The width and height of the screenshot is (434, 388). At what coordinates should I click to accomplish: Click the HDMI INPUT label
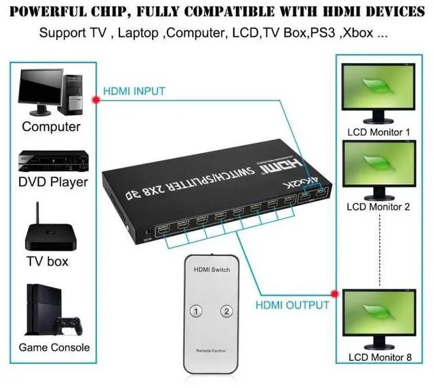(134, 91)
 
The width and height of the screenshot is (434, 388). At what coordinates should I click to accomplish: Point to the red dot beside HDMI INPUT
(96, 99)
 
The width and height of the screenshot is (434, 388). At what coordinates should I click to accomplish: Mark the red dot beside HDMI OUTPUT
(334, 294)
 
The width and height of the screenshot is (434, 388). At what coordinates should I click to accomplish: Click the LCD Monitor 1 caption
(379, 132)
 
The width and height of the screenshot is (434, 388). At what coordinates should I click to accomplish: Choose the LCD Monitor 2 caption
(379, 207)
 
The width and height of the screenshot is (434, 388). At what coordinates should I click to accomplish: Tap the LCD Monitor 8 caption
(379, 357)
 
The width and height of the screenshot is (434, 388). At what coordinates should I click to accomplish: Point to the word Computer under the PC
(52, 126)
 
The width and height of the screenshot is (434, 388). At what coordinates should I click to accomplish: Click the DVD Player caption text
(53, 182)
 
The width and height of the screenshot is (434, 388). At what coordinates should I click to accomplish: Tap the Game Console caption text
(54, 347)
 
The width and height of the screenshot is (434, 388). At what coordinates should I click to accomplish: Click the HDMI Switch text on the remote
(212, 270)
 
